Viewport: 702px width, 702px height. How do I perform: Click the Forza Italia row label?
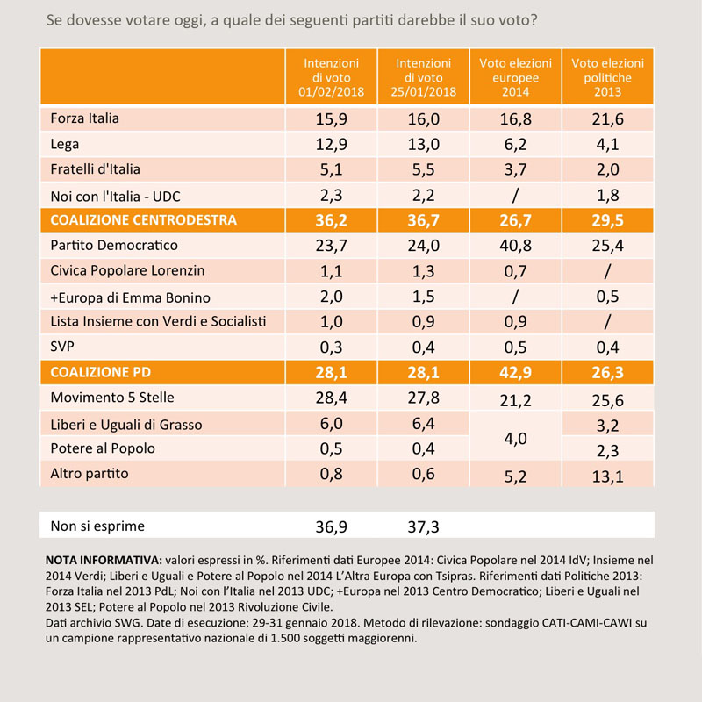click(x=84, y=118)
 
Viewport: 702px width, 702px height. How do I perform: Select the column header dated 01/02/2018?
click(x=332, y=77)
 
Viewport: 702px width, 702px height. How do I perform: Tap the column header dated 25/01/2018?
click(x=424, y=77)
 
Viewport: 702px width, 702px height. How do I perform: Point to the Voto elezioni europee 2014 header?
click(x=515, y=77)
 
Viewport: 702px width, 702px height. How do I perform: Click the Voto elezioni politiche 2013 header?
click(x=607, y=77)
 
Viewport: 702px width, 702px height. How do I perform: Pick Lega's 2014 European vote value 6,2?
click(x=515, y=145)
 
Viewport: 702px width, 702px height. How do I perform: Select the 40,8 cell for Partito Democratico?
click(x=515, y=246)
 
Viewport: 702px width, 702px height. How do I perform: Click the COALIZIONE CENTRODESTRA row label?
click(x=143, y=220)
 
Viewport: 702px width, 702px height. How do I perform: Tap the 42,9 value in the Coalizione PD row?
click(x=515, y=372)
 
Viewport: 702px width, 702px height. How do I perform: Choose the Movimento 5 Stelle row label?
click(x=112, y=398)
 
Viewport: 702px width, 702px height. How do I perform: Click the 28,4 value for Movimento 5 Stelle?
click(x=332, y=398)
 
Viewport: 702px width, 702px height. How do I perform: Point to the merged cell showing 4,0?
click(x=515, y=439)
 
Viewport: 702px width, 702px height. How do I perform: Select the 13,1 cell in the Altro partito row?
click(x=607, y=476)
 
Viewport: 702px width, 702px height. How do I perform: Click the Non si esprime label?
click(x=97, y=526)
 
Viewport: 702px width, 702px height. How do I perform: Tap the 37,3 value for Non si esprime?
click(x=424, y=527)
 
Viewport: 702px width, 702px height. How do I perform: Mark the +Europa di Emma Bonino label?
click(x=130, y=297)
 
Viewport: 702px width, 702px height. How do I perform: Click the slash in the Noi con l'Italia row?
click(x=515, y=195)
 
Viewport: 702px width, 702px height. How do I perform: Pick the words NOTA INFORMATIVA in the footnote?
click(x=104, y=561)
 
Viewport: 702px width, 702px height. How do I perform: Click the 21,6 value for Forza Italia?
click(x=607, y=119)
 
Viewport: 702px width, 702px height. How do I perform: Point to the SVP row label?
click(x=62, y=347)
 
